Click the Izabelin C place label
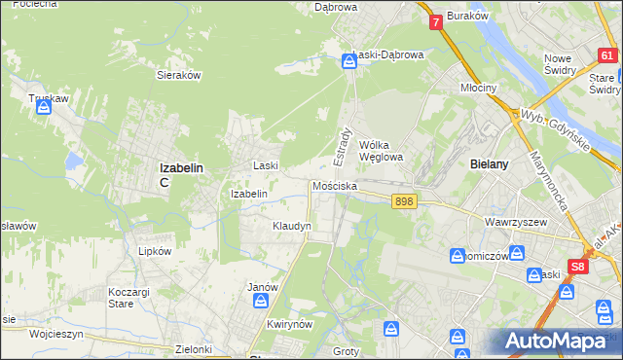tap(180, 173)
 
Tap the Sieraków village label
tap(178, 74)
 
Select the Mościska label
tap(334, 186)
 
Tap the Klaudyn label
tap(291, 226)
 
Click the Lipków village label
tap(155, 250)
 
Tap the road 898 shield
tap(406, 201)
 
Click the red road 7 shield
tap(435, 20)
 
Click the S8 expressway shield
tap(579, 265)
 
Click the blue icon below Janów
tap(260, 301)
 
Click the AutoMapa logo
tap(557, 341)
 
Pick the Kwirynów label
tap(287, 325)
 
